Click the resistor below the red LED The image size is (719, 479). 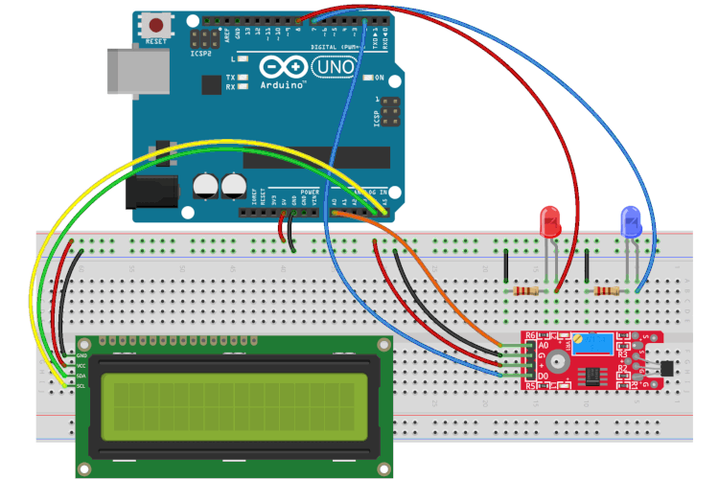pos(525,290)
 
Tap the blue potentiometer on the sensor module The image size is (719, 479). pos(584,341)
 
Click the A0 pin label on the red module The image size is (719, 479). pos(544,345)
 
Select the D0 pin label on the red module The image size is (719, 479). pos(544,378)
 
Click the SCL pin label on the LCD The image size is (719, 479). pos(81,385)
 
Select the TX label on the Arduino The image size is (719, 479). pos(230,77)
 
